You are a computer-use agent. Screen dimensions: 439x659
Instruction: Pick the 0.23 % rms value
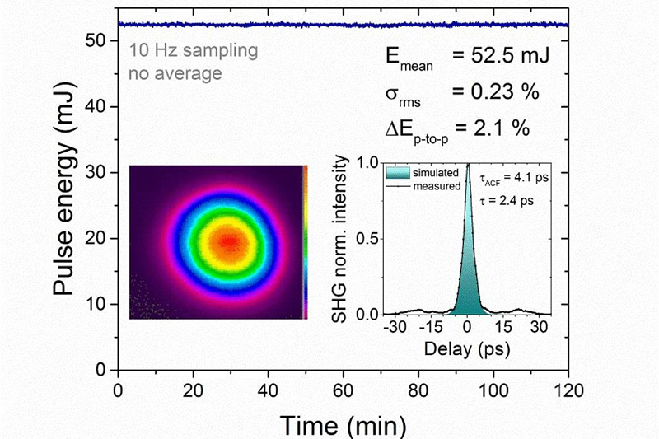click(x=499, y=91)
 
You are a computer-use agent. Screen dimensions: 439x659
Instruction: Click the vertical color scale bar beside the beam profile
click(x=305, y=241)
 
